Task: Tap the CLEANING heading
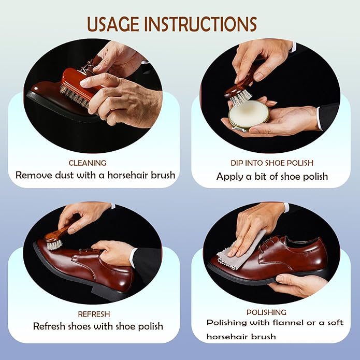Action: point(88,162)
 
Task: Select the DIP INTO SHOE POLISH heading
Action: point(271,163)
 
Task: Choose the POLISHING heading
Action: point(266,312)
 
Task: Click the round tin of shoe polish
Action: point(249,114)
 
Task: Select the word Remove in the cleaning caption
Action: point(33,175)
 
